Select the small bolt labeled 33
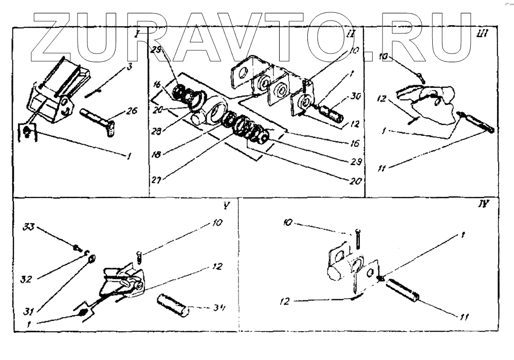click(78, 248)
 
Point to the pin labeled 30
click(329, 112)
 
